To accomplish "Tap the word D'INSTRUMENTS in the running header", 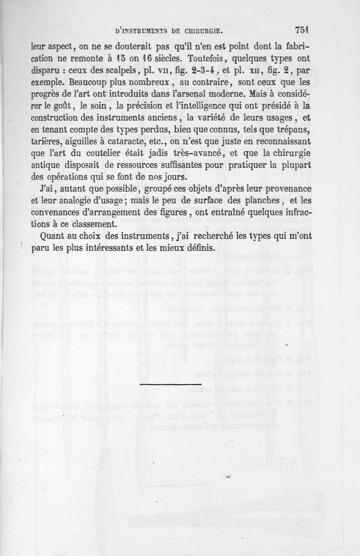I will [x=135, y=31].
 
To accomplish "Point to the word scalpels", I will [x=111, y=71].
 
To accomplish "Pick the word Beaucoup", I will [x=50, y=82].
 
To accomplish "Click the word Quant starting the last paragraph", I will [x=52, y=235].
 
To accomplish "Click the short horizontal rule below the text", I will [x=164, y=384].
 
